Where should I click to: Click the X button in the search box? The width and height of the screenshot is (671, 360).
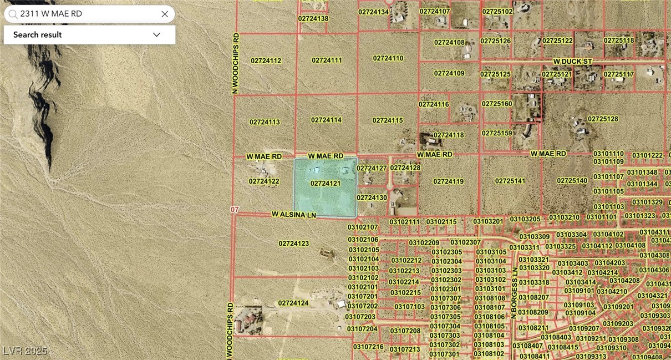[165, 14]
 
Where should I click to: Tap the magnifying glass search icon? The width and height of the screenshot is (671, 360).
[13, 14]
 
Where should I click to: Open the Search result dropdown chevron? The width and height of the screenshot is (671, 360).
[156, 34]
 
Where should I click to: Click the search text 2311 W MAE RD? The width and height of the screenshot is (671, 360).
[51, 14]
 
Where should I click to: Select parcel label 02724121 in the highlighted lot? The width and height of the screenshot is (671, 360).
[326, 183]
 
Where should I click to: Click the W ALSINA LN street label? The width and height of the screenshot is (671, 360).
[293, 214]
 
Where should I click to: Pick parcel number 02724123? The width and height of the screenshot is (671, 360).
[294, 243]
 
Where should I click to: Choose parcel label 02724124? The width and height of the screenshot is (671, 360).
[293, 303]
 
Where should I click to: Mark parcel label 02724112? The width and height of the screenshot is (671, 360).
[266, 60]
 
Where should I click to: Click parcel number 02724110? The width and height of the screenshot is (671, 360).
[388, 58]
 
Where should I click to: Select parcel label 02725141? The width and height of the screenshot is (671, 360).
[510, 181]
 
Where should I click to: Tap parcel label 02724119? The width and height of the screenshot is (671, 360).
[449, 181]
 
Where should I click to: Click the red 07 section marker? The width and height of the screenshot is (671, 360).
[234, 210]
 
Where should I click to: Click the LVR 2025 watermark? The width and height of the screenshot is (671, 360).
[25, 351]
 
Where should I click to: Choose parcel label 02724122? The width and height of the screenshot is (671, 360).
[264, 181]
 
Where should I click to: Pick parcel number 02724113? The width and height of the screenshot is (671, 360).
[265, 122]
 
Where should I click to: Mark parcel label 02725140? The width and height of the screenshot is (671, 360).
[572, 181]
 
